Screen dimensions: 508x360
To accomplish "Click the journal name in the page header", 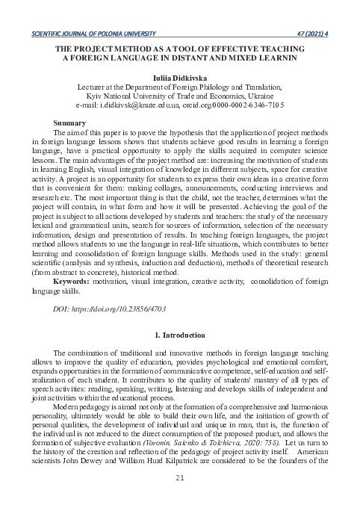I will coord(91,34).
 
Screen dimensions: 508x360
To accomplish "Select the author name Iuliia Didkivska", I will coord(180,77).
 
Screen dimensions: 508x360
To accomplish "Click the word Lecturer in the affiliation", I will coord(94,87).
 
